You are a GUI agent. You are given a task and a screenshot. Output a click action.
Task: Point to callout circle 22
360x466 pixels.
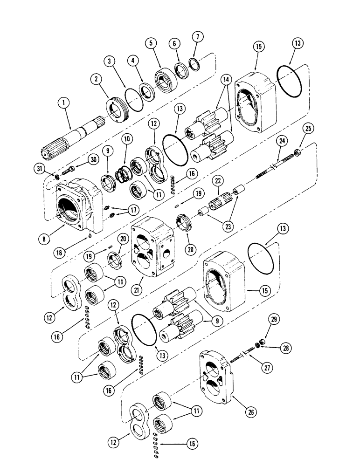click(x=216, y=180)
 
